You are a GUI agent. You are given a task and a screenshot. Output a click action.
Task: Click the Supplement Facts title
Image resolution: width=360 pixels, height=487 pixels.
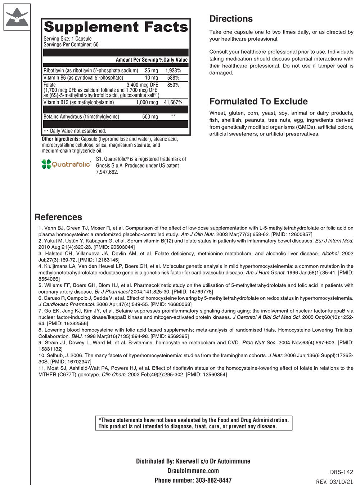pyautogui.click(x=116, y=27)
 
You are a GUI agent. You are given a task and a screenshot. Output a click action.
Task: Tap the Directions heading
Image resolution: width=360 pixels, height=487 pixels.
pyautogui.click(x=231, y=19)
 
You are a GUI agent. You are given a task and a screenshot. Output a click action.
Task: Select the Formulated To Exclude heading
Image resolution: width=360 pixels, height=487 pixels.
pyautogui.click(x=258, y=101)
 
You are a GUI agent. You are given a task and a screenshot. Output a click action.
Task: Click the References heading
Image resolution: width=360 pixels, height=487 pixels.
pyautogui.click(x=58, y=217)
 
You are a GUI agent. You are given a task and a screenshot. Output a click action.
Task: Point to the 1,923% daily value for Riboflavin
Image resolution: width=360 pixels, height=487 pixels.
pyautogui.click(x=173, y=71)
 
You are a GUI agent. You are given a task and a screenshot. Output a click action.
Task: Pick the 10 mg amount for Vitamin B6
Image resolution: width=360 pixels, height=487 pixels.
pyautogui.click(x=152, y=78)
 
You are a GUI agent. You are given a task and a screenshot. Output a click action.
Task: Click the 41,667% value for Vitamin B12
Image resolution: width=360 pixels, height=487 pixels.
pyautogui.click(x=173, y=102)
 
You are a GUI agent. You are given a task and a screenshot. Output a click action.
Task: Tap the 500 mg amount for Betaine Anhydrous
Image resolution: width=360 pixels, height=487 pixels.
pyautogui.click(x=150, y=117)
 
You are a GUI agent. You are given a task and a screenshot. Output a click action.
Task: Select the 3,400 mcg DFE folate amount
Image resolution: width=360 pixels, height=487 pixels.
pyautogui.click(x=142, y=85)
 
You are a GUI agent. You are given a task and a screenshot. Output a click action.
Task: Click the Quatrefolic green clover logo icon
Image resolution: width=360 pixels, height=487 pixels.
pyautogui.click(x=46, y=164)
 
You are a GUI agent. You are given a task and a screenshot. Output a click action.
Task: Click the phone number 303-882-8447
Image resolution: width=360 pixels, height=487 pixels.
pyautogui.click(x=213, y=480)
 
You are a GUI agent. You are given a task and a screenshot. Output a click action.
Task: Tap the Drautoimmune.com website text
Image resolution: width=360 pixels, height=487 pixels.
pyautogui.click(x=193, y=471)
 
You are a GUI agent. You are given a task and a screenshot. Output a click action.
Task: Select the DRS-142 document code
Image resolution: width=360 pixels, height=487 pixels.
pyautogui.click(x=342, y=472)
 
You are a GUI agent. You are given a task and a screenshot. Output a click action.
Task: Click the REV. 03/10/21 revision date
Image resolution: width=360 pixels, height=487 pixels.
pyautogui.click(x=335, y=482)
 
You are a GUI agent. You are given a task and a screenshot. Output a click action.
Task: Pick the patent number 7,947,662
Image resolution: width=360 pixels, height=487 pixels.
pyautogui.click(x=107, y=172)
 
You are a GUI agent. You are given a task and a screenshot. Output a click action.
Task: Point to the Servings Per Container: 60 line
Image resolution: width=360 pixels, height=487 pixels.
pyautogui.click(x=71, y=45)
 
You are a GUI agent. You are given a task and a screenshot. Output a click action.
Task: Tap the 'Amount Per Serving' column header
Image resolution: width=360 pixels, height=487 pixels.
pyautogui.click(x=137, y=60)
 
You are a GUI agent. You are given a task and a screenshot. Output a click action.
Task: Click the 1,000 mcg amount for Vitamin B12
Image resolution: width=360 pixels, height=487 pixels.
pyautogui.click(x=147, y=102)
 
